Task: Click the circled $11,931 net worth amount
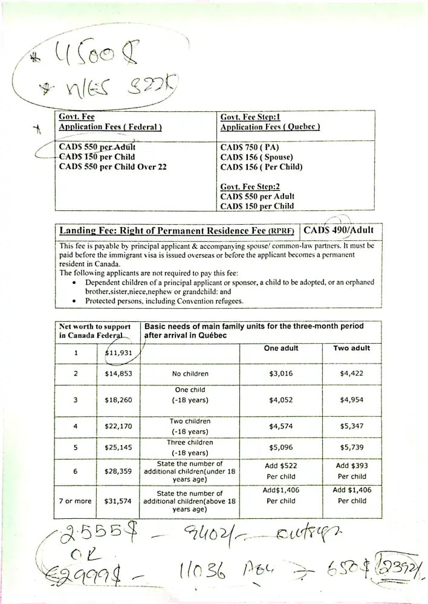tap(119, 353)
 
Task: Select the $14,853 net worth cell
tap(119, 374)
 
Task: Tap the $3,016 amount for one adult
tap(281, 374)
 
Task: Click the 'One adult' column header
tap(281, 349)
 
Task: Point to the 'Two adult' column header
tap(352, 349)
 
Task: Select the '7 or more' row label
tap(75, 501)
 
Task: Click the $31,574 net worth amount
tap(119, 501)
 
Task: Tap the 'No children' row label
tap(190, 374)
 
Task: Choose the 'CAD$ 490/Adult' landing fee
tap(339, 230)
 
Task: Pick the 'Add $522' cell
tap(281, 466)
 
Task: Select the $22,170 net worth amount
tap(119, 426)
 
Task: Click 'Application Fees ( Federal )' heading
tap(110, 127)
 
